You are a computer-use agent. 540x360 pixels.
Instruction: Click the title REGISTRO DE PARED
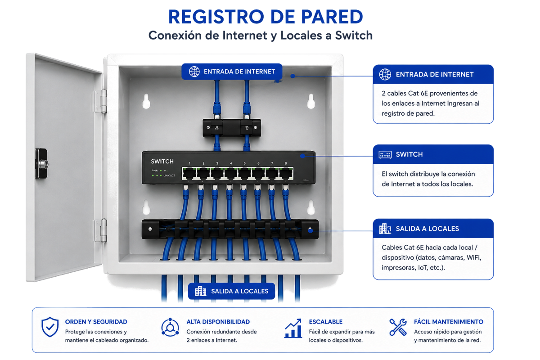[x=265, y=17]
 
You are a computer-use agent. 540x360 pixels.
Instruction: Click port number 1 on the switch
[x=189, y=174]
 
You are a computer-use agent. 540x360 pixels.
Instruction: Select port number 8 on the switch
[x=286, y=174]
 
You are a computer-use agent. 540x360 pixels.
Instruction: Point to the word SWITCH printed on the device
[x=162, y=162]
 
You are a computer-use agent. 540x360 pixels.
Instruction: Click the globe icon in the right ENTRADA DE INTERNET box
[x=385, y=74]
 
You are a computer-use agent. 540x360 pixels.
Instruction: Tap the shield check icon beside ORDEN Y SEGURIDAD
[x=50, y=327]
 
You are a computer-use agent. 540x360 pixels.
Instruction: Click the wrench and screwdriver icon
[x=398, y=327]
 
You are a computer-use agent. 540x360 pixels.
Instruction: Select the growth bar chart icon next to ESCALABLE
[x=293, y=328]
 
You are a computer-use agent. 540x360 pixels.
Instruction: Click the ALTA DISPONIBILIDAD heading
[x=218, y=322]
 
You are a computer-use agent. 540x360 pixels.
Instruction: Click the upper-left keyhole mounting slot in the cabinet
[x=146, y=101]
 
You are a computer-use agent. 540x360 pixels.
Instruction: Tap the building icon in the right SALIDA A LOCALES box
[x=385, y=228]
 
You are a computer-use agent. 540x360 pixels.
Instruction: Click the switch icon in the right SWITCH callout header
[x=385, y=154]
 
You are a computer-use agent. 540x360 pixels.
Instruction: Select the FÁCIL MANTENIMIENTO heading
[x=449, y=322]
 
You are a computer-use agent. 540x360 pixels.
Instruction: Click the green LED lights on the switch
[x=157, y=175]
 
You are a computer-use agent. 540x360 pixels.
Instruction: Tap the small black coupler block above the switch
[x=232, y=128]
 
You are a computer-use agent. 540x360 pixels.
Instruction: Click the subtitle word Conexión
[x=177, y=36]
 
